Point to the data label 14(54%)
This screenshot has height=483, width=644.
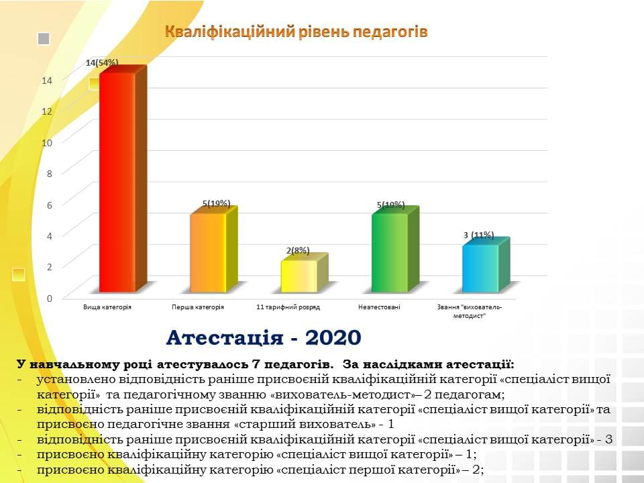click(102, 63)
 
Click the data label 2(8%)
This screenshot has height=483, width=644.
click(298, 250)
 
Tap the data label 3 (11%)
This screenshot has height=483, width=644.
click(478, 235)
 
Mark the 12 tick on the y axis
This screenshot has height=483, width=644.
click(47, 111)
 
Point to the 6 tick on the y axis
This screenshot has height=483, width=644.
click(49, 205)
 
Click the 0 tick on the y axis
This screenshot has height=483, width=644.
click(49, 298)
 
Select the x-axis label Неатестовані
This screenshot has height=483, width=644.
click(378, 307)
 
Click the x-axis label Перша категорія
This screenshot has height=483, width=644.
click(197, 307)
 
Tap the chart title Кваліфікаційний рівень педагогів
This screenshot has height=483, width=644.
click(296, 32)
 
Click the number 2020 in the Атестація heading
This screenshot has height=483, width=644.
click(333, 337)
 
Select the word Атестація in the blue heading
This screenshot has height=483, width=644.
click(225, 338)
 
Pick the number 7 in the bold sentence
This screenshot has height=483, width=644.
click(255, 364)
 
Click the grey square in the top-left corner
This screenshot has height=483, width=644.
click(44, 39)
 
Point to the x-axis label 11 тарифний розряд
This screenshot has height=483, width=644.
click(288, 307)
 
